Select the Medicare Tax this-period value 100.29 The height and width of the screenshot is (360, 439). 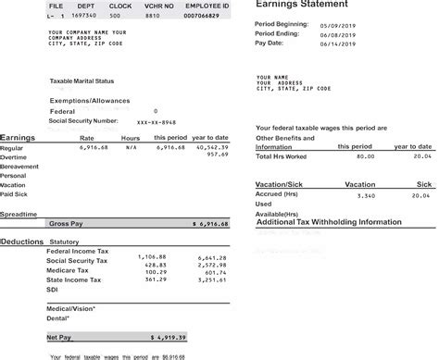coord(152,271)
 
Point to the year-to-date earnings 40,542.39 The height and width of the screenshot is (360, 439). coord(212,147)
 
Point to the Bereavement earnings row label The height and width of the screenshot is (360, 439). coord(19,166)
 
